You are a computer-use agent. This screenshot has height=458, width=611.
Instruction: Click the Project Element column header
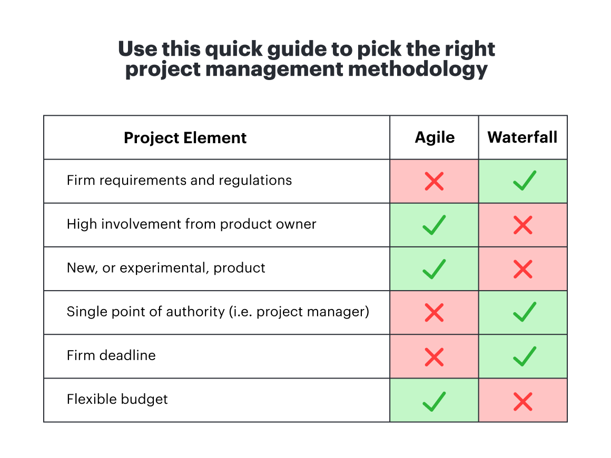coord(185,138)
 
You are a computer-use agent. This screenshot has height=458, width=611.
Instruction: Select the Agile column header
coord(435,137)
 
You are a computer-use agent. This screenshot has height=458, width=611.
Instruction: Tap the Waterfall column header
coord(523,137)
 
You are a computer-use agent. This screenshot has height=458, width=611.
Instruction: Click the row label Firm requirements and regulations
coord(179,181)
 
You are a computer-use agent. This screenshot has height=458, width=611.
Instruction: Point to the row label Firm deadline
coord(111,356)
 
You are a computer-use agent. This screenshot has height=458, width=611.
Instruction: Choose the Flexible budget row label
coord(117,400)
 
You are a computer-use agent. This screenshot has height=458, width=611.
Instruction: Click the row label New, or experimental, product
coord(166,268)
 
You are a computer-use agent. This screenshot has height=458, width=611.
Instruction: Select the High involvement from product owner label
coord(191,224)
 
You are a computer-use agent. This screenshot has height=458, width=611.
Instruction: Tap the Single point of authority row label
coord(218,312)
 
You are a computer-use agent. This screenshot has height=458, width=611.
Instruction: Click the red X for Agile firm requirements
coord(434,182)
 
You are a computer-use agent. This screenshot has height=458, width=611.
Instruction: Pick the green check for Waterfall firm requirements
coord(523,181)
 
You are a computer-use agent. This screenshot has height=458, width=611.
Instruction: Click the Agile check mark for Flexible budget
coord(434,401)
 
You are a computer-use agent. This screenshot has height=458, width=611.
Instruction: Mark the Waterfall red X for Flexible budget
coord(523,402)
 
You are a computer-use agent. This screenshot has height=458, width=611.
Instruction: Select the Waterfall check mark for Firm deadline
coord(523,356)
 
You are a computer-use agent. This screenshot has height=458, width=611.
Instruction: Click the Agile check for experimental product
coord(434,269)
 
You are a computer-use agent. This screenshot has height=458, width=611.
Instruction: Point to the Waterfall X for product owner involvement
coord(523,226)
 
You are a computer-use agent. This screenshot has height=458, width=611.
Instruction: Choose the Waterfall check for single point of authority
coord(523,312)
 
